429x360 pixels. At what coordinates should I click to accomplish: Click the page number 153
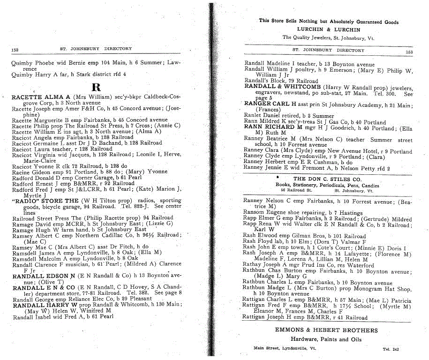pos(409,52)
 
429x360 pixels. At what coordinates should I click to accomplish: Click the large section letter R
pos(96,87)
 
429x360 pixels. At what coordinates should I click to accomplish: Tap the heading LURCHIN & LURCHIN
pos(328,30)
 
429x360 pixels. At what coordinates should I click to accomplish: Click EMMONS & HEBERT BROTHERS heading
pos(326,330)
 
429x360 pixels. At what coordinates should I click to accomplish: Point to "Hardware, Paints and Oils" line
pos(327,339)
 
